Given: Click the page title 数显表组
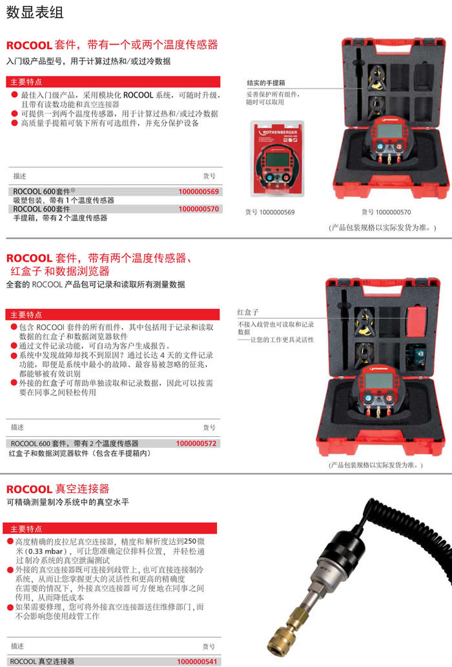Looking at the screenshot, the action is pyautogui.click(x=35, y=12).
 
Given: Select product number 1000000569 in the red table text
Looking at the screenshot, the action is pyautogui.click(x=198, y=191).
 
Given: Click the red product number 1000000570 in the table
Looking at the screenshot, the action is pyautogui.click(x=198, y=209).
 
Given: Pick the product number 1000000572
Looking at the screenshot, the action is pyautogui.click(x=196, y=443).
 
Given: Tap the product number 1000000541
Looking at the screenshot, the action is pyautogui.click(x=197, y=661).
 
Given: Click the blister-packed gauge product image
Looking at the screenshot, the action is pyautogui.click(x=278, y=158).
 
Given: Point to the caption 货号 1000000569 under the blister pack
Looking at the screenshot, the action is pyautogui.click(x=270, y=212).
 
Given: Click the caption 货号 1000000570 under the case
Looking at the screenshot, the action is pyautogui.click(x=386, y=212).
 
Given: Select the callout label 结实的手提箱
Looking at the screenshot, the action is pyautogui.click(x=266, y=83).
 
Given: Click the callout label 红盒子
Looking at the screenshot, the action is pyautogui.click(x=248, y=312).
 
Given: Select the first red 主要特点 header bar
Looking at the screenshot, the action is pyautogui.click(x=113, y=81).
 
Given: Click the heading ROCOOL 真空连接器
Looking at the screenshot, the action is pyautogui.click(x=57, y=489).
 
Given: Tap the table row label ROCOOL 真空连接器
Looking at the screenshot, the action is pyautogui.click(x=42, y=661).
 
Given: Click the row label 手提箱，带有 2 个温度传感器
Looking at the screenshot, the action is pyautogui.click(x=60, y=218).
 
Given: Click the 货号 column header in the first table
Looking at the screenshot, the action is pyautogui.click(x=209, y=176).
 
